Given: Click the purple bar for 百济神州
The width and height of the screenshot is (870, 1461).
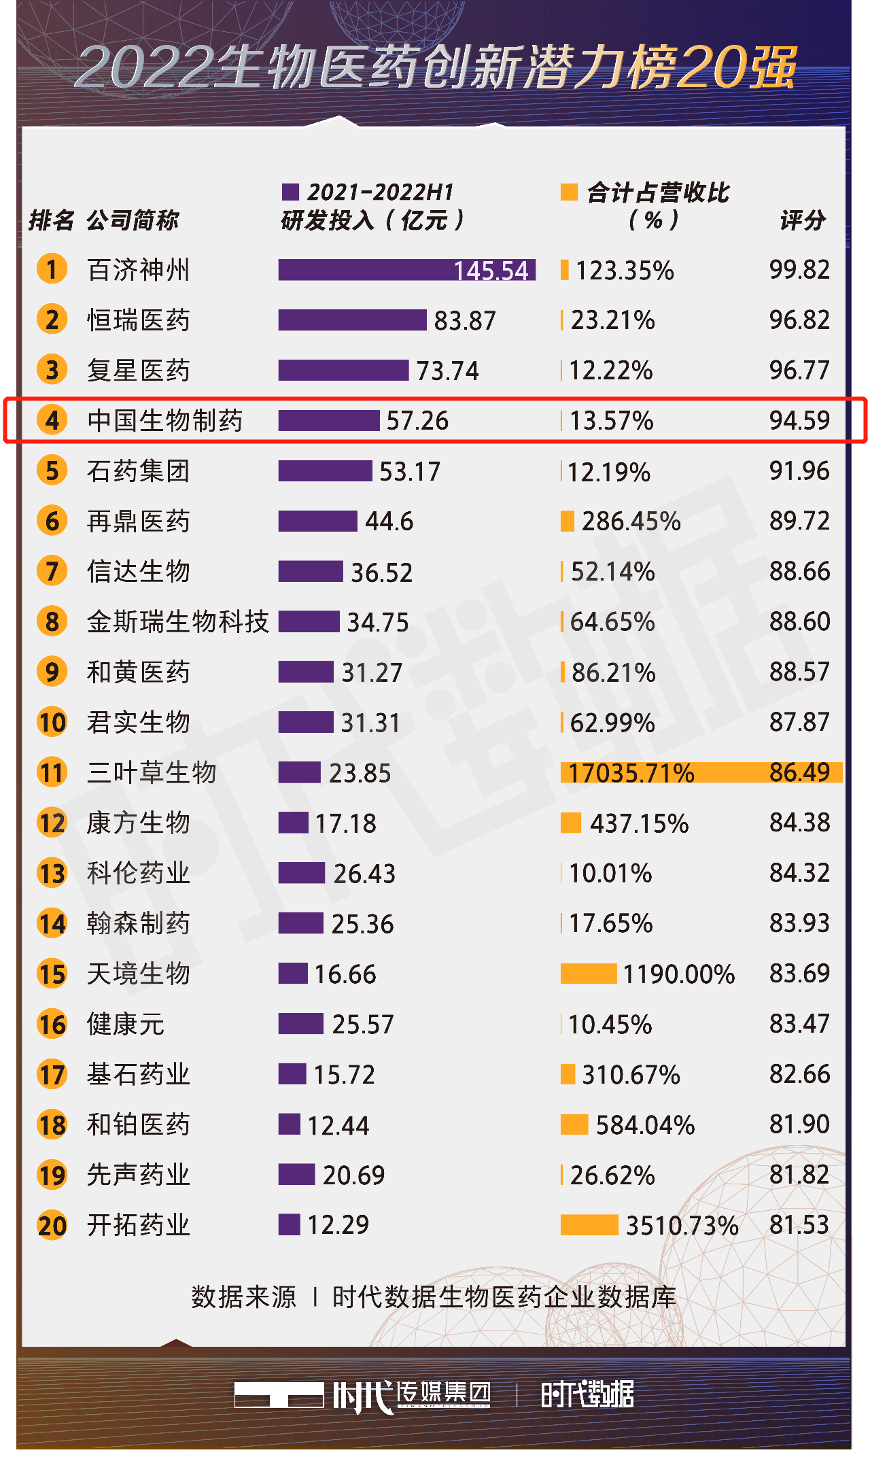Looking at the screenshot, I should point(406,270).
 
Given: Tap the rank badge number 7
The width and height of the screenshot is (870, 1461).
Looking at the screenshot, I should point(52,571).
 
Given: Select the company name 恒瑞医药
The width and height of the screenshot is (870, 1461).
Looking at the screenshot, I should point(138,320).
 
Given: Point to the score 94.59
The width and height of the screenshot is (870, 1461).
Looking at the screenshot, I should point(799,420).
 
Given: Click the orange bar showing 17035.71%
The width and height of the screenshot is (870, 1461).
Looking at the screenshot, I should point(701,773).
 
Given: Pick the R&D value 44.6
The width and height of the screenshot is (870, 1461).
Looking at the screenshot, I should point(389,521).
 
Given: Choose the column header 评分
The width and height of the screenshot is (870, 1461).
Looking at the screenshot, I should point(802,220).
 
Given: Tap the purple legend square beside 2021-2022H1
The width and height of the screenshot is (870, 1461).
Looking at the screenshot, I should point(290,192).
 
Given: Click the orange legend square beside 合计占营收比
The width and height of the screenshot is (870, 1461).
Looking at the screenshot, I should point(569,192).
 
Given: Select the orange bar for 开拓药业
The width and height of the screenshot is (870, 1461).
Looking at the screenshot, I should point(589,1225).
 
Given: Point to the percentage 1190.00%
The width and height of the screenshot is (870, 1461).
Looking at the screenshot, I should point(678,974).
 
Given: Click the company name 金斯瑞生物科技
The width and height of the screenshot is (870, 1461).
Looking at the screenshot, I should point(178,621).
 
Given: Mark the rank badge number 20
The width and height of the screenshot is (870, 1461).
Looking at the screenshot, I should point(52,1225).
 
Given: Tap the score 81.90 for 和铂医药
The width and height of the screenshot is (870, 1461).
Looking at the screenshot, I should point(799,1124).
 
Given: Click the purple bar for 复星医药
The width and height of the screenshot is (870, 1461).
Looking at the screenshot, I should point(343,371).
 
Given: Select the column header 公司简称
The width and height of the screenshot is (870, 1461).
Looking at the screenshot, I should point(133,220).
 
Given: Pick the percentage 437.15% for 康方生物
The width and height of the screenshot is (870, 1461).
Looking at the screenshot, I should point(639,823).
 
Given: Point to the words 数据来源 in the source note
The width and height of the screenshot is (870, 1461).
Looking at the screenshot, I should point(243,1297).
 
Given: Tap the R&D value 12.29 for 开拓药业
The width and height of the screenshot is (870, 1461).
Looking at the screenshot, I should point(338,1225).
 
